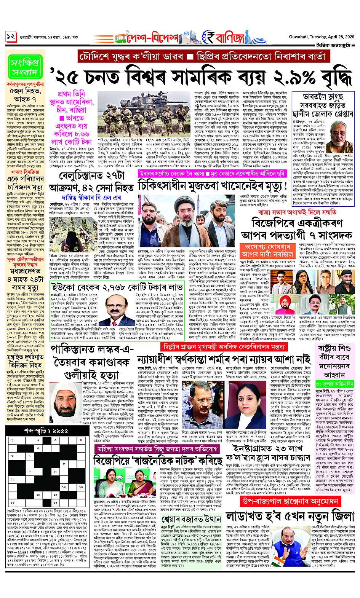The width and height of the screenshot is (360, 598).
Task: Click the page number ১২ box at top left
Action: pyautogui.click(x=10, y=37)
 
